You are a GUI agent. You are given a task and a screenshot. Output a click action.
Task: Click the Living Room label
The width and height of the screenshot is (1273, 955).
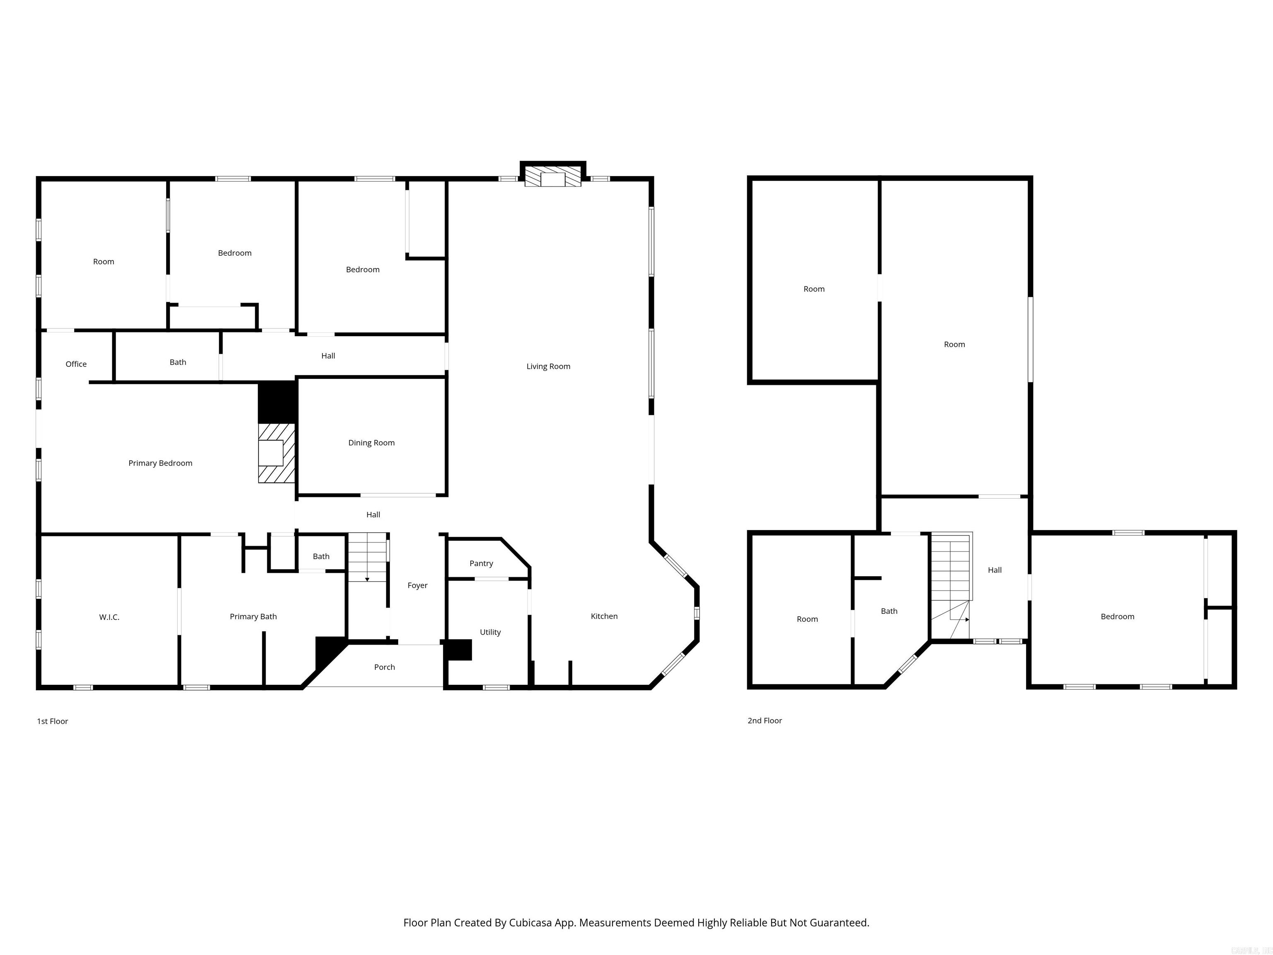(x=548, y=366)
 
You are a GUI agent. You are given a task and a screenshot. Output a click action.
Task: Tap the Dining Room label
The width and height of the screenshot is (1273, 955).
(x=371, y=443)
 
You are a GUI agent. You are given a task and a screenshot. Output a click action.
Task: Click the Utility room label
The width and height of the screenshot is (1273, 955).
(x=490, y=632)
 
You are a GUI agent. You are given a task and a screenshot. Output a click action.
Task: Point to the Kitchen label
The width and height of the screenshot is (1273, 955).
(x=604, y=616)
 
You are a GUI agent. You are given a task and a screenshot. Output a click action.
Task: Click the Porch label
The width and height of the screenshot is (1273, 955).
(x=385, y=667)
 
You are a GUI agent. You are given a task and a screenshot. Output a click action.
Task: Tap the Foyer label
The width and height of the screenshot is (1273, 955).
(x=417, y=585)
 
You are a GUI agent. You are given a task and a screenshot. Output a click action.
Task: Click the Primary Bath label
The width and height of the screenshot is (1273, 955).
(x=253, y=616)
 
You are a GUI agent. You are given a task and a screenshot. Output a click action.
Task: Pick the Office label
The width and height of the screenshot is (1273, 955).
(x=76, y=364)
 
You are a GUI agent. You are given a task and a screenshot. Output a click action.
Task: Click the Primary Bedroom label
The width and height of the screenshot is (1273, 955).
(x=160, y=463)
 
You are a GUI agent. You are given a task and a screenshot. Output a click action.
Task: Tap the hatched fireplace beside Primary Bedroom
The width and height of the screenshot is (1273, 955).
(x=276, y=453)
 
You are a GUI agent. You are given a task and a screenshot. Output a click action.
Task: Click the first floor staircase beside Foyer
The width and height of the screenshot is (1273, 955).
(x=367, y=557)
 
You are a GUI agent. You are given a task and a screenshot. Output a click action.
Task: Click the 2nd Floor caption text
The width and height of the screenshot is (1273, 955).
(x=764, y=721)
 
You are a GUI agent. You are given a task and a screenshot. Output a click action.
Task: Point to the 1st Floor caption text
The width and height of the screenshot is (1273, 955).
(x=52, y=721)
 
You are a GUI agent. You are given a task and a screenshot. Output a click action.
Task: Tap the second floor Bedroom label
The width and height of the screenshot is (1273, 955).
(x=1117, y=616)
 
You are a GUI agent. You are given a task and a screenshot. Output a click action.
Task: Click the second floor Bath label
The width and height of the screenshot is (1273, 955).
(x=888, y=611)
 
